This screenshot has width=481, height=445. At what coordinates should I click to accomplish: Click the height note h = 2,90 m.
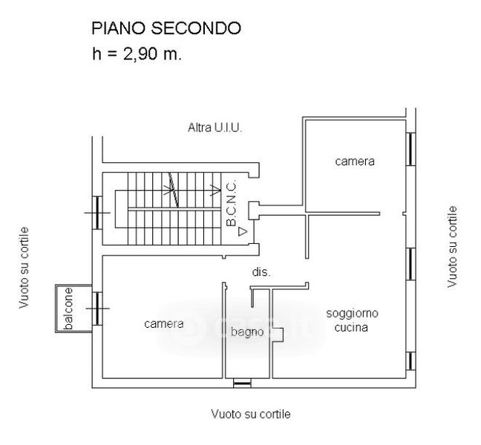(136, 54)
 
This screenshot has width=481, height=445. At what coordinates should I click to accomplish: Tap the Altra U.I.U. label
(215, 128)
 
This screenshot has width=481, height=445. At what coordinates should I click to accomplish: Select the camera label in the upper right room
(354, 161)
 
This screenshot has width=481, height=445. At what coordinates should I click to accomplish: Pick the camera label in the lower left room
(164, 323)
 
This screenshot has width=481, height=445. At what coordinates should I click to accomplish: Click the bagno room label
(247, 332)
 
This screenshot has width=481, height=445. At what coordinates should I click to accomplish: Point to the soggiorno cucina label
(347, 320)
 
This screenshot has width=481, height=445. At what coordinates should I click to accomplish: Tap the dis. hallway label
(261, 272)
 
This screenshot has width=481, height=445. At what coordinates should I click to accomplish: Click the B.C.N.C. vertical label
(231, 202)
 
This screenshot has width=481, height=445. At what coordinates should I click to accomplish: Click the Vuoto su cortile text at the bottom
(250, 413)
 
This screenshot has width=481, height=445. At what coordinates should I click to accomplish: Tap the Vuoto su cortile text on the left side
(25, 267)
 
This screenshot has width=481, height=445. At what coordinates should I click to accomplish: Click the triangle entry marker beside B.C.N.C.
(242, 231)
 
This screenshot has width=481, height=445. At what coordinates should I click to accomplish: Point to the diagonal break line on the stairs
(174, 191)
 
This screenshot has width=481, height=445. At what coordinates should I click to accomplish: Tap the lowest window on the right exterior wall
(410, 361)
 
